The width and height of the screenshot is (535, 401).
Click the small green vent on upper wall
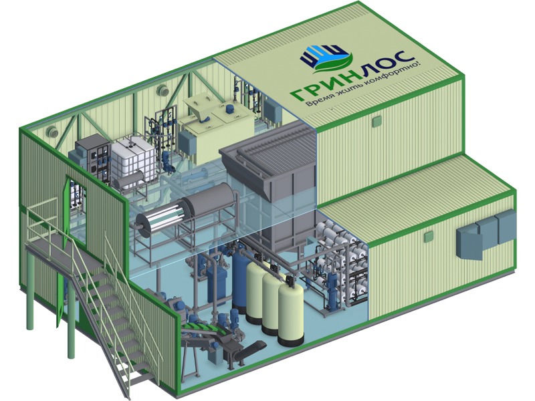pos(377,122)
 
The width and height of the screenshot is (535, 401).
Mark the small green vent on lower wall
pos(428,237)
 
